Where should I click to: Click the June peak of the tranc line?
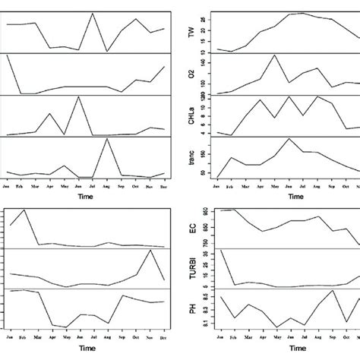[x=289, y=138]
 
